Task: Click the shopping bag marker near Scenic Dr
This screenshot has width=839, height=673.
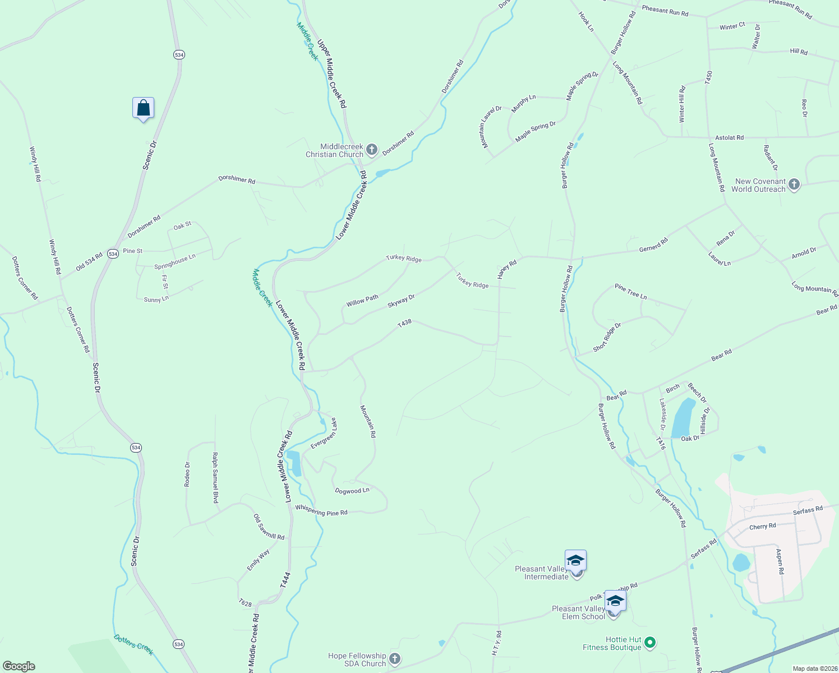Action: [x=143, y=108]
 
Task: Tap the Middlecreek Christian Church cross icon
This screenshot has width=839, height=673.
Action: [x=371, y=150]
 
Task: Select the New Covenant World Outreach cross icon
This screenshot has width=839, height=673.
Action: [x=794, y=185]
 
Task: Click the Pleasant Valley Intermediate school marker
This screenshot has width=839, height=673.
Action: [x=575, y=561]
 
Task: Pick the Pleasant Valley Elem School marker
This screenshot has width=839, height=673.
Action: [x=615, y=601]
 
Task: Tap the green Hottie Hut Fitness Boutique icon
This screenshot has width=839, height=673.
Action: [x=650, y=642]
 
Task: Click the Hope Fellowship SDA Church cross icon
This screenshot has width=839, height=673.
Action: [x=395, y=659]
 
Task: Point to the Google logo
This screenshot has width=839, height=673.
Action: [x=19, y=666]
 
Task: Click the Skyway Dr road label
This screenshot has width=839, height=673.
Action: [x=401, y=301]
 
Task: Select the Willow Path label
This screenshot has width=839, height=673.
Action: [x=362, y=301]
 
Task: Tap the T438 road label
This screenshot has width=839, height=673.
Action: [x=404, y=324]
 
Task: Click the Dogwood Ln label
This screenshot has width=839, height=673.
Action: [x=352, y=491]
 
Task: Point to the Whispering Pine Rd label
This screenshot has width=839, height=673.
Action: [x=321, y=512]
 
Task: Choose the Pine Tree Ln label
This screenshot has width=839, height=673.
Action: [x=630, y=291]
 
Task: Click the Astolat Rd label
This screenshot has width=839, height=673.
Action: [x=729, y=137]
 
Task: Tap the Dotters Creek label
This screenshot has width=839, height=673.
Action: [x=133, y=644]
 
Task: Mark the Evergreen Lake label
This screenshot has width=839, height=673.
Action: [x=323, y=434]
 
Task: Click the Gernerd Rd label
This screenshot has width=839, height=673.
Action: [x=653, y=245]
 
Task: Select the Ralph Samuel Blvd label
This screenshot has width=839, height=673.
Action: [x=215, y=477]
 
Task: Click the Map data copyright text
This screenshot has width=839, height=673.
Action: [x=814, y=669]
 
